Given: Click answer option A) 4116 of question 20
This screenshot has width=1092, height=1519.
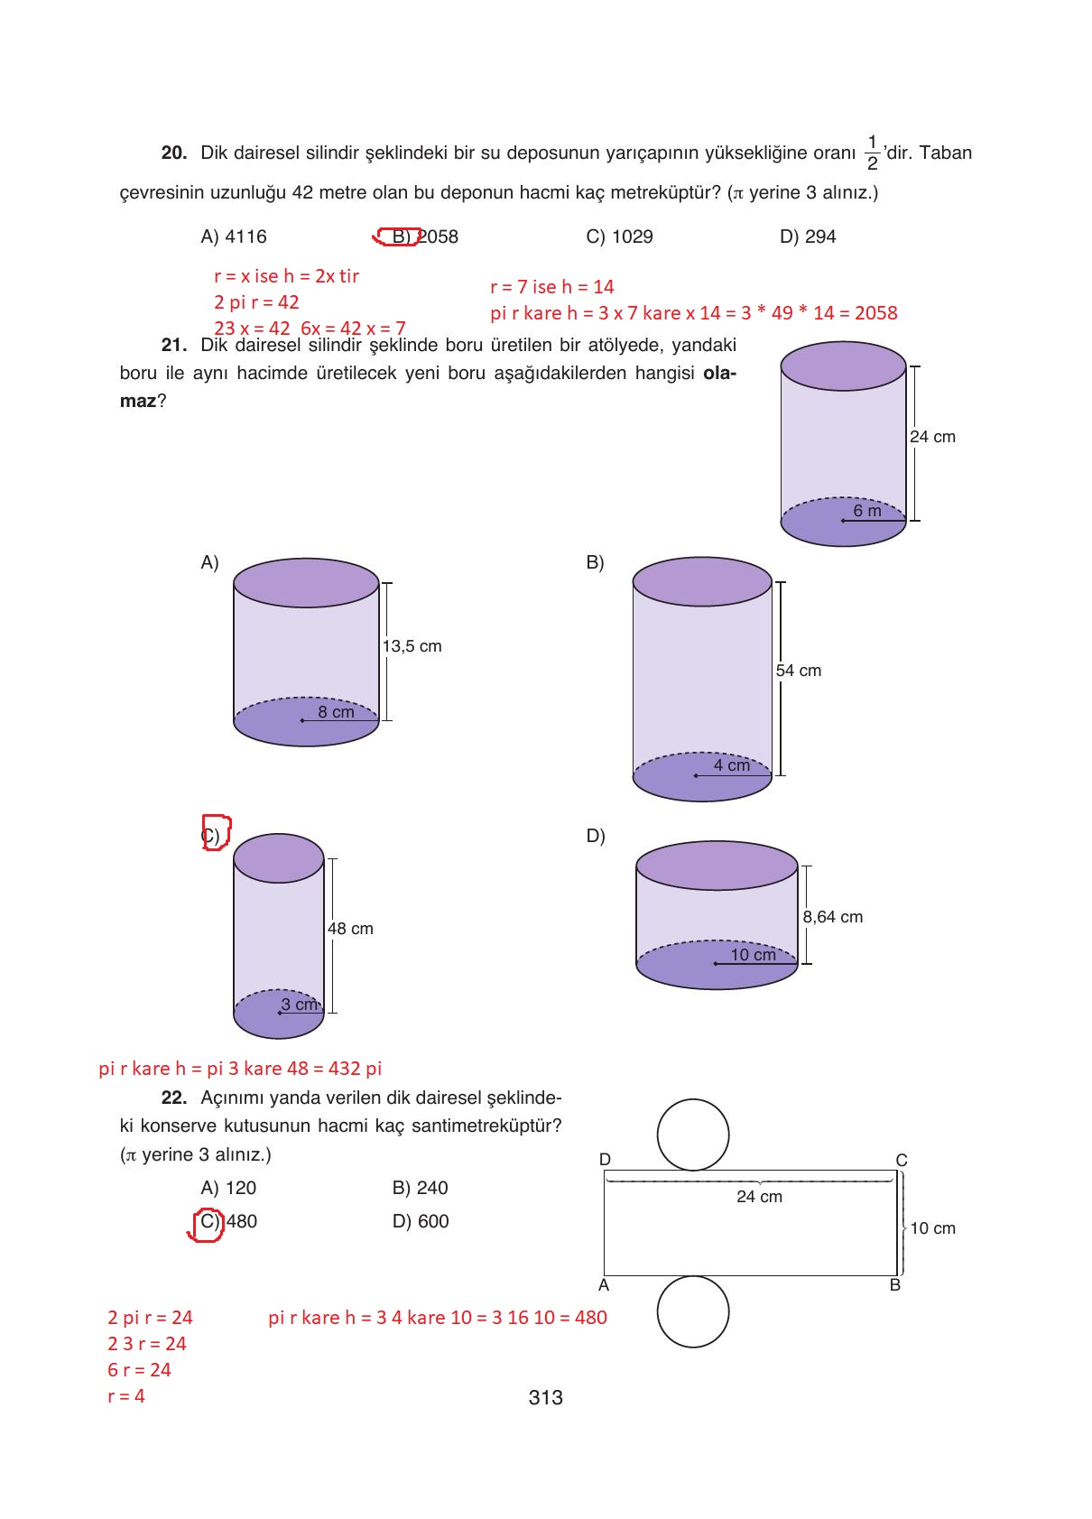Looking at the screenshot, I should (233, 236).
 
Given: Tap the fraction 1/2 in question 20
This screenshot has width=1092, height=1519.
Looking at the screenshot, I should (872, 153).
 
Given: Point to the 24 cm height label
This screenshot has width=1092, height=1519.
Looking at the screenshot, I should (932, 437).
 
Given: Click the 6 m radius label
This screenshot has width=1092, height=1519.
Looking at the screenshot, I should (867, 511).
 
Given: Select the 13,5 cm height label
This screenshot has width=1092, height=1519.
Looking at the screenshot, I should (412, 646).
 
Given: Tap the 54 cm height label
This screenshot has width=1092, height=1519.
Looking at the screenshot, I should (799, 671).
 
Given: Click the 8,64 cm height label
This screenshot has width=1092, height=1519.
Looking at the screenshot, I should (832, 917).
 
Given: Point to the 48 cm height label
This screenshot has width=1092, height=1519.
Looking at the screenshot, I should (350, 929).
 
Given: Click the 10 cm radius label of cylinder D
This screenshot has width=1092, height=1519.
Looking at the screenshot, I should (753, 955).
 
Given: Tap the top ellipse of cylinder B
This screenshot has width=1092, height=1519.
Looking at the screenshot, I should (702, 581).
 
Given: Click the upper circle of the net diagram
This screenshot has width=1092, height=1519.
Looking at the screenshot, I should (692, 1135).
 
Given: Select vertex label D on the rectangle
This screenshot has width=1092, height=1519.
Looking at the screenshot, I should (605, 1159).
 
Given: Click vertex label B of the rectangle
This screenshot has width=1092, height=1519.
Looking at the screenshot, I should (894, 1285).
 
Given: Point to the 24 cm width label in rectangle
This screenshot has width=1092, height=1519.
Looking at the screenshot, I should (759, 1197).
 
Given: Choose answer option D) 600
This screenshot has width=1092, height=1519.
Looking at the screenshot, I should (420, 1221).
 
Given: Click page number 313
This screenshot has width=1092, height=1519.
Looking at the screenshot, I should (545, 1398).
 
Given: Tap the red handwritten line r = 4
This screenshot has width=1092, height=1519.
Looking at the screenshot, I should (126, 1396).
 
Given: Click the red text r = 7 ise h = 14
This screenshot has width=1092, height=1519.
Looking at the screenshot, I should (551, 287).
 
